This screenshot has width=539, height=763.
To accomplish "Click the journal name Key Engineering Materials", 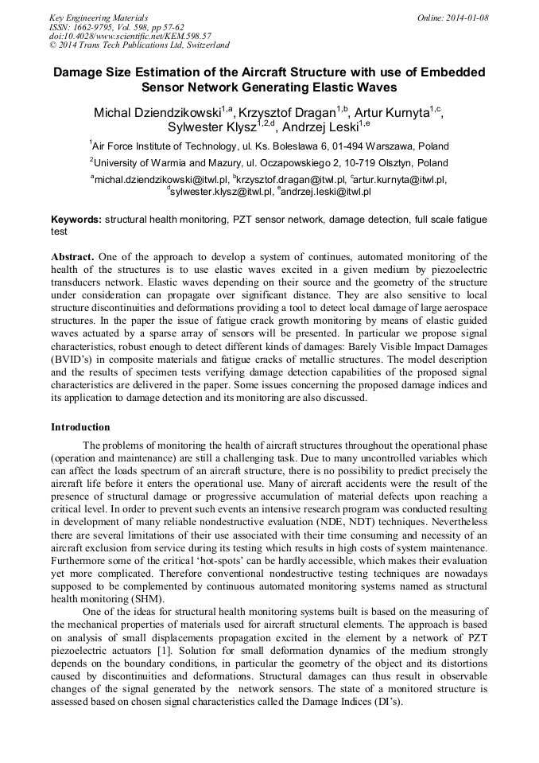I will [99, 17].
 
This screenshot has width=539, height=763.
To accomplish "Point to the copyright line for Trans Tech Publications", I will [139, 45].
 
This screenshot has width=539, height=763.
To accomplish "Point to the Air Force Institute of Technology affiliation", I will [269, 146].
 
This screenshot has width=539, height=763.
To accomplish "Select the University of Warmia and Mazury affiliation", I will [269, 162].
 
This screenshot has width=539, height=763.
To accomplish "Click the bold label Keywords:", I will [76, 219].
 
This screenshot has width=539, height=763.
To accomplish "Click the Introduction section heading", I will [80, 427].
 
